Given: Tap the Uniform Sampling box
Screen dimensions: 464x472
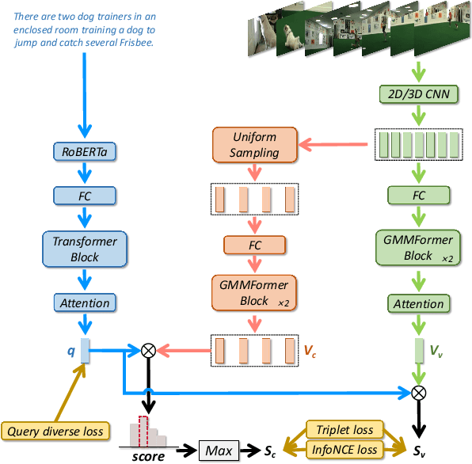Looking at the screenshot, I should click(x=254, y=144).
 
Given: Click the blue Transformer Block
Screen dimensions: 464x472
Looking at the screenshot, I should click(x=85, y=248).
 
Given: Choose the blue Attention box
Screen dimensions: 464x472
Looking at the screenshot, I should click(x=85, y=302).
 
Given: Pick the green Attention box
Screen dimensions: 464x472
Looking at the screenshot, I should click(x=418, y=303).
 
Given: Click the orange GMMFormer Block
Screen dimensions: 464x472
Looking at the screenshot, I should click(x=254, y=292).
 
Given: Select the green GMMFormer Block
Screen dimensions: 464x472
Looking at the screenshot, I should click(x=418, y=248).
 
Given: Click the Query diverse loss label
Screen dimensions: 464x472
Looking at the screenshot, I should click(x=55, y=432).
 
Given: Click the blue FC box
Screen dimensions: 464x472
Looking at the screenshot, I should click(x=85, y=195).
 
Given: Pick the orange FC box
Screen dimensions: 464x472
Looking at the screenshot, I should click(x=254, y=245).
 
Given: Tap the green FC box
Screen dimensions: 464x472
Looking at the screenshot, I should click(x=418, y=195).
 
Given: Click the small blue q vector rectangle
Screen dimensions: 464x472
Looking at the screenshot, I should click(x=85, y=348).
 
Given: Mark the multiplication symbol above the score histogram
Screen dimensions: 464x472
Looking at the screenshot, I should click(x=147, y=348).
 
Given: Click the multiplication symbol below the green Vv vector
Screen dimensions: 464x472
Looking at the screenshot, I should click(x=418, y=390).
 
